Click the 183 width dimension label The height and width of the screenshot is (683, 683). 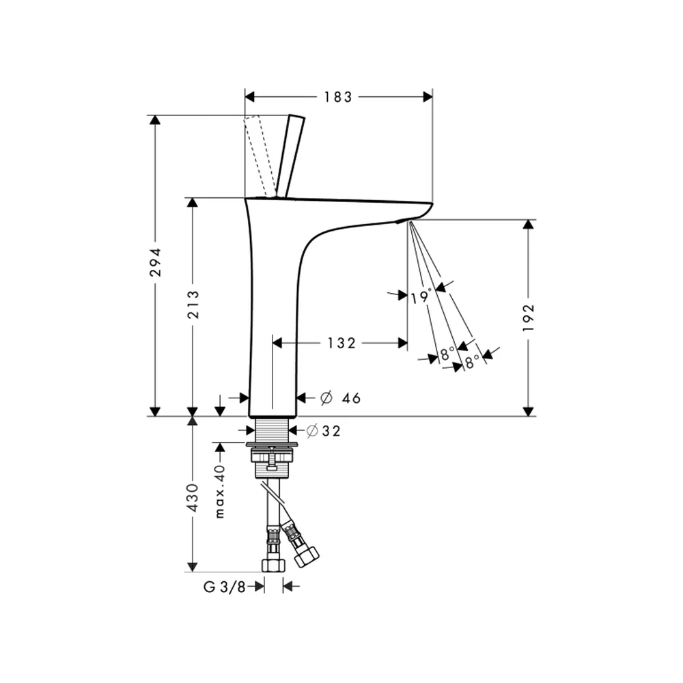[x=337, y=97]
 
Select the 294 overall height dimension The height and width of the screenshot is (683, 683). [x=155, y=262]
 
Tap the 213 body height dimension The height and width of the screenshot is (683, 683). [x=193, y=305]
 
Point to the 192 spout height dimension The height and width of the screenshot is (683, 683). [x=528, y=318]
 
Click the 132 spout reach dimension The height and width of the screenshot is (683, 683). [x=341, y=344]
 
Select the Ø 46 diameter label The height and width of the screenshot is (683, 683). [x=340, y=398]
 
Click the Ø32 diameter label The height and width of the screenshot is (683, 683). [x=323, y=431]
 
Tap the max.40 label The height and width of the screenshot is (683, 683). [x=220, y=491]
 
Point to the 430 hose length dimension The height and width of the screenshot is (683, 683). [x=192, y=497]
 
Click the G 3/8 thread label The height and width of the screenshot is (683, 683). [x=224, y=587]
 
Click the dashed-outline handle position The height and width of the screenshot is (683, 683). [x=260, y=156]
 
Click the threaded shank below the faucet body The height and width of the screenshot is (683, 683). [x=272, y=430]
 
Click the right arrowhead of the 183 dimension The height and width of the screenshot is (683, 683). [x=428, y=97]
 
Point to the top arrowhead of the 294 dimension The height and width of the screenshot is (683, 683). [x=155, y=120]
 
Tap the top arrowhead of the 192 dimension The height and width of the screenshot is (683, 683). [x=528, y=224]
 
